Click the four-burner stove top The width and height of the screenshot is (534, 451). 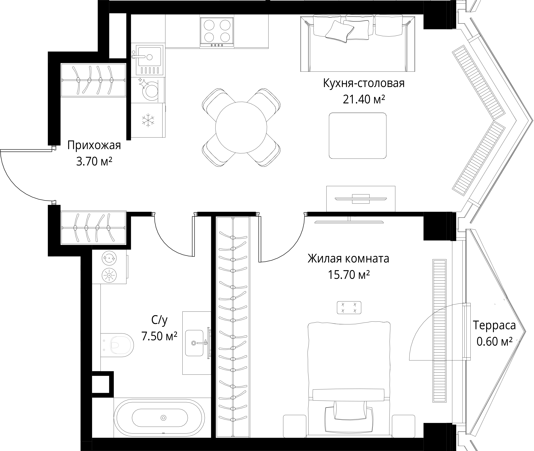point(217,30)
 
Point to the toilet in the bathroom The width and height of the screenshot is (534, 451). point(117,345)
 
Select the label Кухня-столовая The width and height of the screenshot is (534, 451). point(364,83)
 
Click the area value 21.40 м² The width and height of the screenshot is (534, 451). point(364,99)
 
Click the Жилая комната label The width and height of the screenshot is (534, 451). point(348,259)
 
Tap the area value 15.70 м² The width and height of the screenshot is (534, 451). point(349,275)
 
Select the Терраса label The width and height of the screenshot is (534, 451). point(494,325)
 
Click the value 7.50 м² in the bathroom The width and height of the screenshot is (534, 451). point(159,336)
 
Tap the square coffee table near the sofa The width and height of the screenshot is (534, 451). point(357,136)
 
